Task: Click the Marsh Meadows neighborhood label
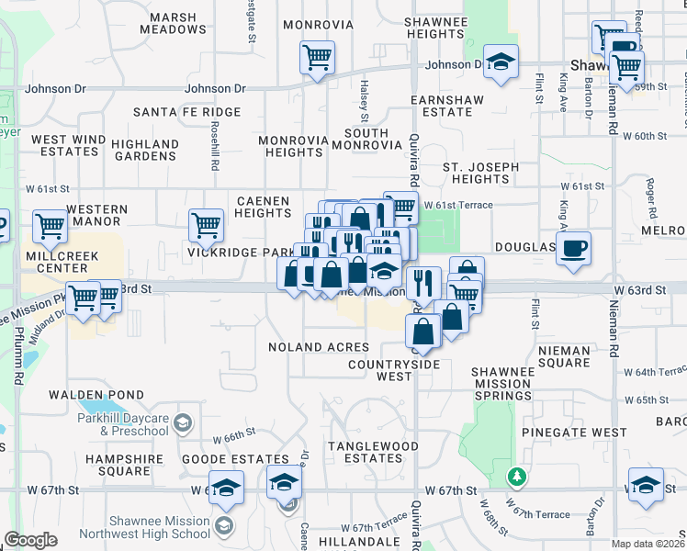pyautogui.click(x=173, y=23)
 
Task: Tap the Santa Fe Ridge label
pyautogui.click(x=186, y=112)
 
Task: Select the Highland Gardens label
pyautogui.click(x=145, y=150)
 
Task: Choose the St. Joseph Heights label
pyautogui.click(x=480, y=173)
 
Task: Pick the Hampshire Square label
pyautogui.click(x=118, y=465)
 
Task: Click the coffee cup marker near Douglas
pyautogui.click(x=573, y=247)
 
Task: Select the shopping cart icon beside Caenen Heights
pyautogui.click(x=207, y=224)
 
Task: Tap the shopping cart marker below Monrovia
pyautogui.click(x=317, y=58)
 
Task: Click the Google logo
pyautogui.click(x=31, y=540)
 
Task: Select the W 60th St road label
pyautogui.click(x=643, y=136)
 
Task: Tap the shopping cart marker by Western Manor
pyautogui.click(x=50, y=225)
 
